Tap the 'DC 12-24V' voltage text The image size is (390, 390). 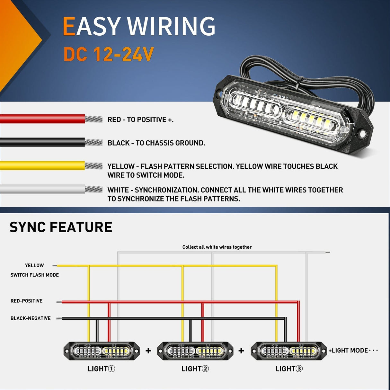[109, 54]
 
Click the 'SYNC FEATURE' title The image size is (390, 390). [61, 227]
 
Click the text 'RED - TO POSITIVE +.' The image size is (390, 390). [140, 120]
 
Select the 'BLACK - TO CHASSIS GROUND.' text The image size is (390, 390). [156, 143]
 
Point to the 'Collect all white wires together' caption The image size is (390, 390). [217, 247]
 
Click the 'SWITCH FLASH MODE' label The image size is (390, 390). [35, 275]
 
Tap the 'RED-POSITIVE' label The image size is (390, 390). [27, 301]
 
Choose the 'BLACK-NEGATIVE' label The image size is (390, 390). [31, 318]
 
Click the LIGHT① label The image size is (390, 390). [101, 369]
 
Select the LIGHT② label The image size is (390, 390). [195, 369]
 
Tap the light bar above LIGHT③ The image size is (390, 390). [288, 351]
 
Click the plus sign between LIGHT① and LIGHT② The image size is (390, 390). [148, 350]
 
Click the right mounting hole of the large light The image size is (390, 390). [362, 133]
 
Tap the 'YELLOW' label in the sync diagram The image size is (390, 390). [34, 265]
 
